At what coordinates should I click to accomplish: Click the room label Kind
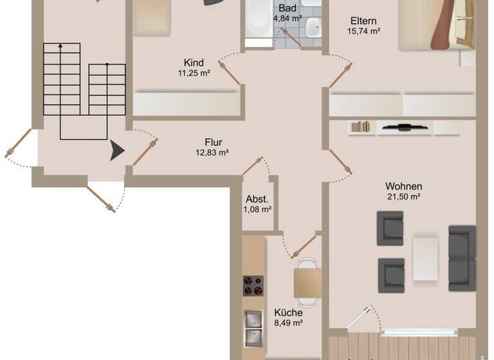(194, 63)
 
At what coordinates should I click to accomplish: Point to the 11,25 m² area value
(194, 73)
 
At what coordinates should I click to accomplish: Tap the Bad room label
(287, 8)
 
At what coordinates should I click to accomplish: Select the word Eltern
(364, 20)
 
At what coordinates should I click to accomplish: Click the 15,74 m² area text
(364, 30)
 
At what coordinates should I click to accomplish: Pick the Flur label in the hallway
(213, 142)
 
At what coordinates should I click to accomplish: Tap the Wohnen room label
(404, 186)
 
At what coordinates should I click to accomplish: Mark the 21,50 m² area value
(404, 197)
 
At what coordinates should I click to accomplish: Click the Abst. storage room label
(257, 199)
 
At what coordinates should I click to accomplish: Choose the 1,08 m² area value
(257, 210)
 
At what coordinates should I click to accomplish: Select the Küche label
(288, 313)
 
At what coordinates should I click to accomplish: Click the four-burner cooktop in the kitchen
(253, 286)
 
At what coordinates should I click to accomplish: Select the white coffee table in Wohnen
(425, 259)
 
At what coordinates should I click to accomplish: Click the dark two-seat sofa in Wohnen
(462, 258)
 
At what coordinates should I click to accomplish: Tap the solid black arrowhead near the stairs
(117, 151)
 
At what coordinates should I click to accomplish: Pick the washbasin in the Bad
(313, 27)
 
